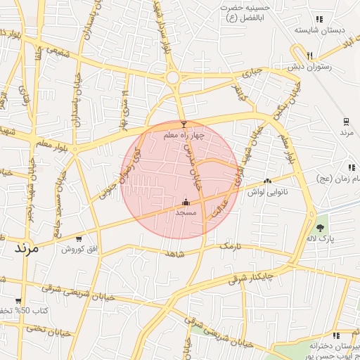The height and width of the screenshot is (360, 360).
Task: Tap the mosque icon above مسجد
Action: (185, 201)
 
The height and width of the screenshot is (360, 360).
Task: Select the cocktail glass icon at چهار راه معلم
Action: (184, 124)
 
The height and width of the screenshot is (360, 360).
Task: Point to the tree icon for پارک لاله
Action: (321, 228)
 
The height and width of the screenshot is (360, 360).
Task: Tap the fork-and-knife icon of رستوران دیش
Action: (310, 56)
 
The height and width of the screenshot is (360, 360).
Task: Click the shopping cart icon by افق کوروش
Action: (79, 239)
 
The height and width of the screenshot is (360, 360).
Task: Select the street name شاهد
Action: (175, 253)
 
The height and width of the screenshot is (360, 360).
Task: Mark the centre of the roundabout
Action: (172, 77)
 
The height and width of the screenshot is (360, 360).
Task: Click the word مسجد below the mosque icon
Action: (185, 212)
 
